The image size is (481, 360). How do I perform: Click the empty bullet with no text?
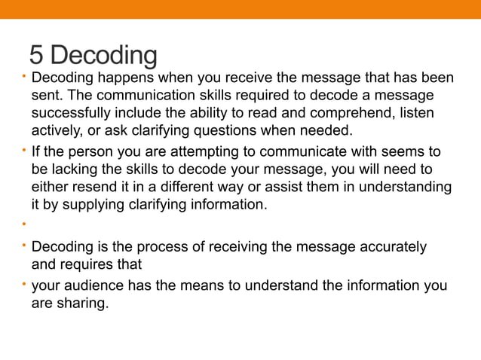[x=24, y=224]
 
